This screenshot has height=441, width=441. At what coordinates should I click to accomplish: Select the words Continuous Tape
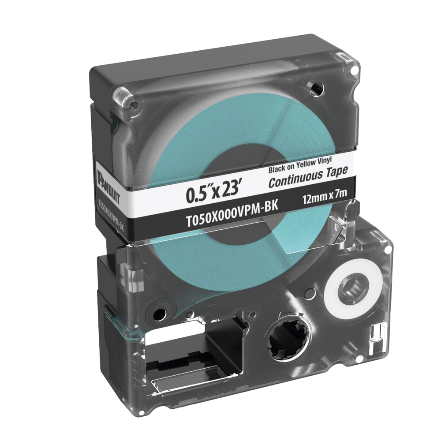[308, 176]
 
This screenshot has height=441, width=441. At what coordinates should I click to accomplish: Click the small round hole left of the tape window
[157, 313]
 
